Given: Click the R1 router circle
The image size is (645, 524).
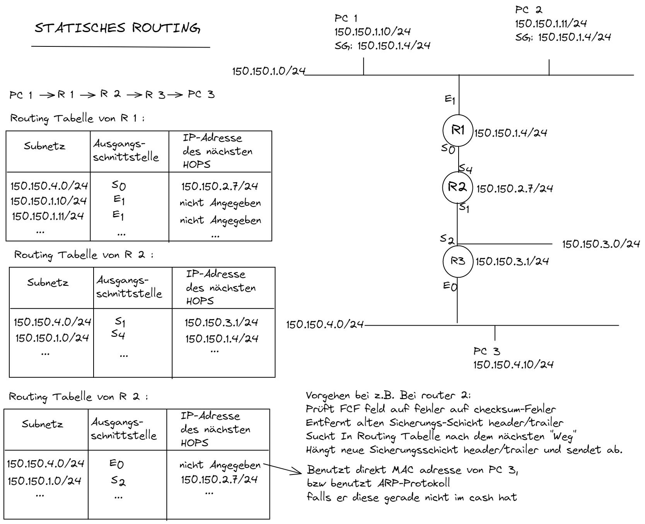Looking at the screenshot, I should [458, 130].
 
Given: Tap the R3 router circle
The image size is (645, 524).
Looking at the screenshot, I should [458, 261].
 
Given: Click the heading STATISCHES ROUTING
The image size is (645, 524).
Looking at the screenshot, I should [118, 28].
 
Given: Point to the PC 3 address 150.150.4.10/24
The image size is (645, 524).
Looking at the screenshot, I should [514, 365].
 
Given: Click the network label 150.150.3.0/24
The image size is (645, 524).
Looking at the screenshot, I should [601, 244].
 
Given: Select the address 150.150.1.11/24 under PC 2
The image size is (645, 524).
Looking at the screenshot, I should [551, 24].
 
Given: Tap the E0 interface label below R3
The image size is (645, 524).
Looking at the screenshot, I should [450, 286].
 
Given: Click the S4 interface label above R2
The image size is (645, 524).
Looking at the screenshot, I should [466, 169].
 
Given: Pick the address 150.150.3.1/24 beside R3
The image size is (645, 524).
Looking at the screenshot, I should [512, 261].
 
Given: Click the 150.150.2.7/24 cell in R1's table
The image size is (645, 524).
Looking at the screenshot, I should [220, 186].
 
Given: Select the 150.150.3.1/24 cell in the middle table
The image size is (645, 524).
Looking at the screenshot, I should [221, 323].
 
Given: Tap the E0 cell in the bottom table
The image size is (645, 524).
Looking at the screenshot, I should [116, 464].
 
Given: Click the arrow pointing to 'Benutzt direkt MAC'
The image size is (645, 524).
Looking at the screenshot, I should [282, 468].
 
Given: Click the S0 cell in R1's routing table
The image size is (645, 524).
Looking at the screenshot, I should [119, 186].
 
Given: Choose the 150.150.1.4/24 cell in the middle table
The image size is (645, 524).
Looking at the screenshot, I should [222, 339].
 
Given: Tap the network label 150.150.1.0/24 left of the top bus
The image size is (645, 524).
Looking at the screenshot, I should [269, 71].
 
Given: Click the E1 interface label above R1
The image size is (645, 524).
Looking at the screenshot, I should [450, 100].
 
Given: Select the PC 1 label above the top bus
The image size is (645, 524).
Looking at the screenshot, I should [346, 18].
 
